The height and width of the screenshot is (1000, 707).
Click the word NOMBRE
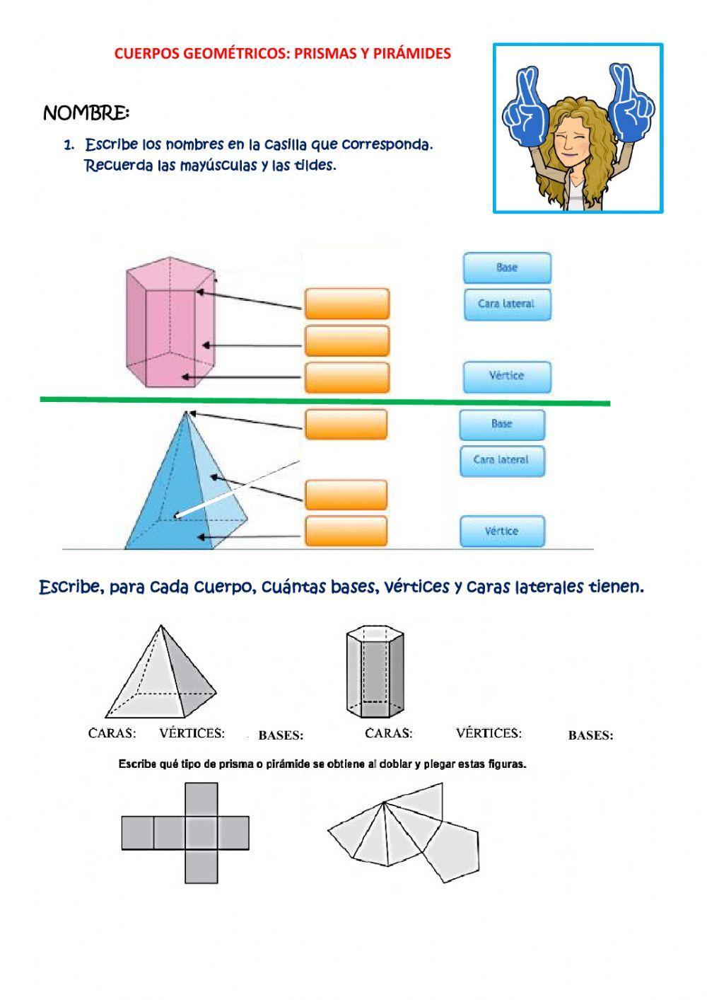click(x=86, y=113)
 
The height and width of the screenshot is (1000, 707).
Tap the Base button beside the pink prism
click(x=507, y=268)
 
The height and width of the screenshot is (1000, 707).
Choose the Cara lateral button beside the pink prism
click(x=506, y=304)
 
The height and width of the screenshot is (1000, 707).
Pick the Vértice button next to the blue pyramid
click(x=501, y=531)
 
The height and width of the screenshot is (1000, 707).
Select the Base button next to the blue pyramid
click(x=501, y=424)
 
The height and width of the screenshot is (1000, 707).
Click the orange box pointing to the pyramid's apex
click(x=346, y=425)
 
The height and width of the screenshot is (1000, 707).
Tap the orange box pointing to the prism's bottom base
click(x=347, y=377)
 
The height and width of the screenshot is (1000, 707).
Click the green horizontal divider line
click(x=325, y=401)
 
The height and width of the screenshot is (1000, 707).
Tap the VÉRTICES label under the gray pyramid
click(x=192, y=733)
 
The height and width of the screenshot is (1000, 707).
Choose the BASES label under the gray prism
click(x=590, y=735)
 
